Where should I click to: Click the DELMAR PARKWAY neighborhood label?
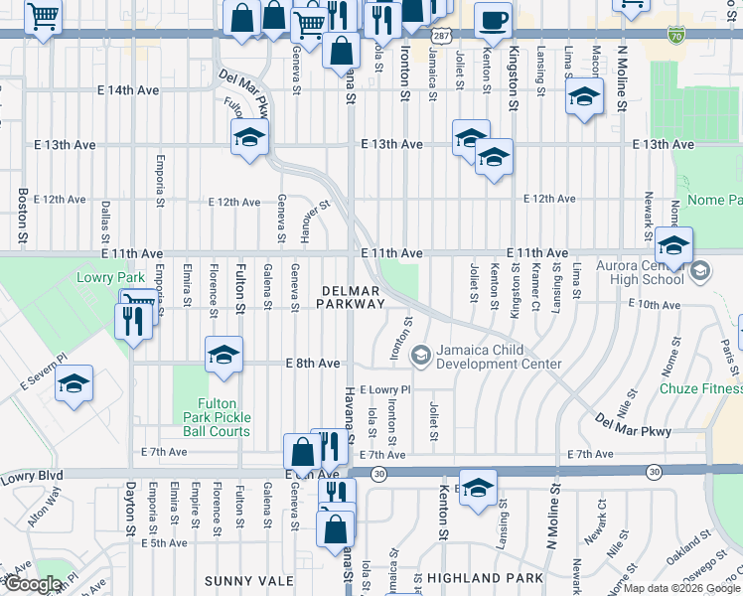[x=351, y=297]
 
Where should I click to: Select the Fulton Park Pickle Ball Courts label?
[x=216, y=417]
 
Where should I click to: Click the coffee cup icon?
[x=493, y=21]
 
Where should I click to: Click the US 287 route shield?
[x=438, y=36]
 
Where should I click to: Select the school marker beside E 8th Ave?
[x=223, y=355]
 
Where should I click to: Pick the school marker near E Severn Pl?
[x=74, y=383]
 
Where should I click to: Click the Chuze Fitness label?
[x=700, y=386]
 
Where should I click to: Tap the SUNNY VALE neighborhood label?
[x=248, y=579]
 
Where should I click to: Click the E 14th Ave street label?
[x=128, y=89]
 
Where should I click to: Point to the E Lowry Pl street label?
[x=384, y=390]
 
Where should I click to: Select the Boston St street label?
[x=22, y=218]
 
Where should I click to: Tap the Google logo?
[x=32, y=585]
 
